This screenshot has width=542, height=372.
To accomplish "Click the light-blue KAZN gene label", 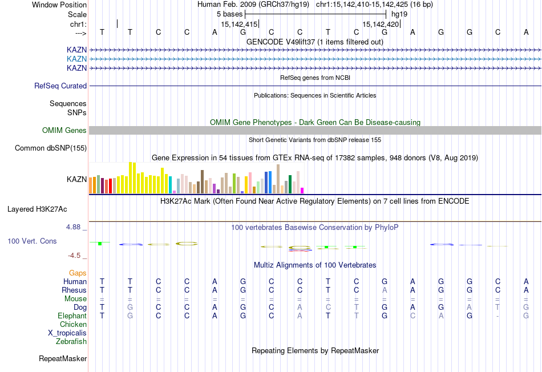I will [x=76, y=59].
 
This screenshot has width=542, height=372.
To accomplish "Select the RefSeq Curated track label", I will [x=60, y=86].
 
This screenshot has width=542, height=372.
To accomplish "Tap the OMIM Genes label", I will [x=64, y=131].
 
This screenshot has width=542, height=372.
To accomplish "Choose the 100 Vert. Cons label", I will [x=32, y=241].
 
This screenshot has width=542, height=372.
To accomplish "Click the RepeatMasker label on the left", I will [x=63, y=359].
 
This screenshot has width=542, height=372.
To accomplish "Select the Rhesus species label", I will [x=74, y=290].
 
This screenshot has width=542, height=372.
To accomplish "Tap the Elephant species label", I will [x=72, y=316].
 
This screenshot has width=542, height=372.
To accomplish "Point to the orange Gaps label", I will [x=78, y=273].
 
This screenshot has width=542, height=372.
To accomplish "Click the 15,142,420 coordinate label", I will [x=381, y=25].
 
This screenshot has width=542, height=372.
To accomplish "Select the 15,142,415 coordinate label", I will [x=238, y=25].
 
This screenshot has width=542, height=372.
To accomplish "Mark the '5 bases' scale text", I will [x=229, y=14].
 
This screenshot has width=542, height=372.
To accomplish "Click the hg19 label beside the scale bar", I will [x=399, y=14].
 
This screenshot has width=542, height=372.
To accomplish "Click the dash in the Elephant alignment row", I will [x=498, y=316].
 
